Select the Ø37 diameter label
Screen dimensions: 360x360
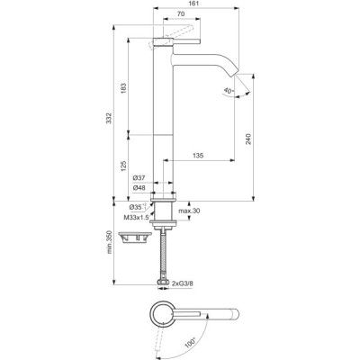(139, 178)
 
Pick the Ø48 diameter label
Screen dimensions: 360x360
(139, 188)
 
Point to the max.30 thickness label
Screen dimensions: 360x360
(189, 211)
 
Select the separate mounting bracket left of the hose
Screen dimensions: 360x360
(131, 238)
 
